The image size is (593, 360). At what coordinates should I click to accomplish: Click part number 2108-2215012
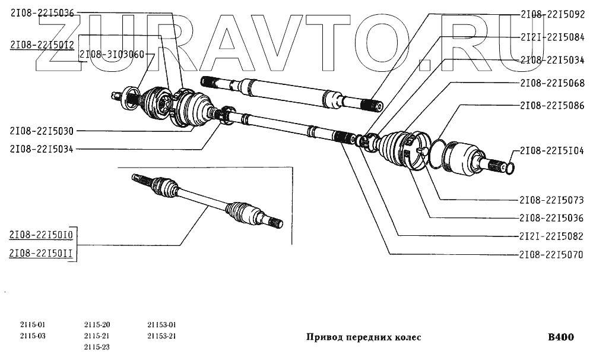(x=42, y=45)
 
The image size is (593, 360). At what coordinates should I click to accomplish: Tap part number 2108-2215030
(x=42, y=131)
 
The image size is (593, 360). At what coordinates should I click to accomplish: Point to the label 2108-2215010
(x=42, y=235)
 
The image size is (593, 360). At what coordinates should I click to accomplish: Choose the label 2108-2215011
(x=42, y=254)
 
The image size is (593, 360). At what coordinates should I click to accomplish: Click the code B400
(x=560, y=337)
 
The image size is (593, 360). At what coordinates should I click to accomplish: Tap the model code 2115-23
(x=97, y=347)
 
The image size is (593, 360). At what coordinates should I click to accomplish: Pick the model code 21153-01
(x=162, y=325)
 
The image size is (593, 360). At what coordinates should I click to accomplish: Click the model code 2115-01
(x=32, y=325)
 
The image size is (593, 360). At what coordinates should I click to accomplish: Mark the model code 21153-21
(x=162, y=336)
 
